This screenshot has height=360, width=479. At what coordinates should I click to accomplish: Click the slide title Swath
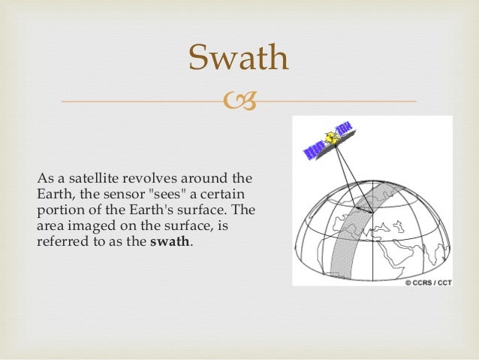point(239,58)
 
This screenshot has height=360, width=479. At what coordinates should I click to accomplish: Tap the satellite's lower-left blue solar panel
point(312,150)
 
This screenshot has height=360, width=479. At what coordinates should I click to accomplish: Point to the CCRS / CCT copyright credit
point(429,283)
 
